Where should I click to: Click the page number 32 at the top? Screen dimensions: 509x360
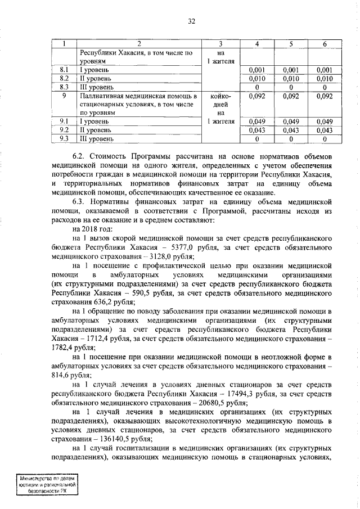coord(191,21)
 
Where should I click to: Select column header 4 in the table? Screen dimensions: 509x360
coord(257,44)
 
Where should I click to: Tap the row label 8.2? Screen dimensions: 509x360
coord(64,78)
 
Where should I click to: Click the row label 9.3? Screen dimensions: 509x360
coord(64,138)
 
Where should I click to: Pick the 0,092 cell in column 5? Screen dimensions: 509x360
coord(291,96)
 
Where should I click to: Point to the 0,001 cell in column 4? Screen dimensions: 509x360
coord(257,70)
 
